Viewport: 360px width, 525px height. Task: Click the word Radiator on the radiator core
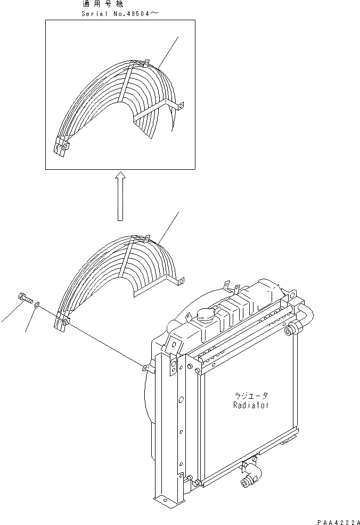tap(250, 405)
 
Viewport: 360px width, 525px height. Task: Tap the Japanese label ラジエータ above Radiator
tap(251, 396)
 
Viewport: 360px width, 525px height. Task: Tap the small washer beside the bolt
tap(36, 305)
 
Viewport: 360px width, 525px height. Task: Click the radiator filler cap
tap(205, 316)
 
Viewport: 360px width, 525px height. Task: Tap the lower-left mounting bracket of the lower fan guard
tap(63, 322)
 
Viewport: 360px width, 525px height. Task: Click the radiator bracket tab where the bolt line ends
tap(146, 366)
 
